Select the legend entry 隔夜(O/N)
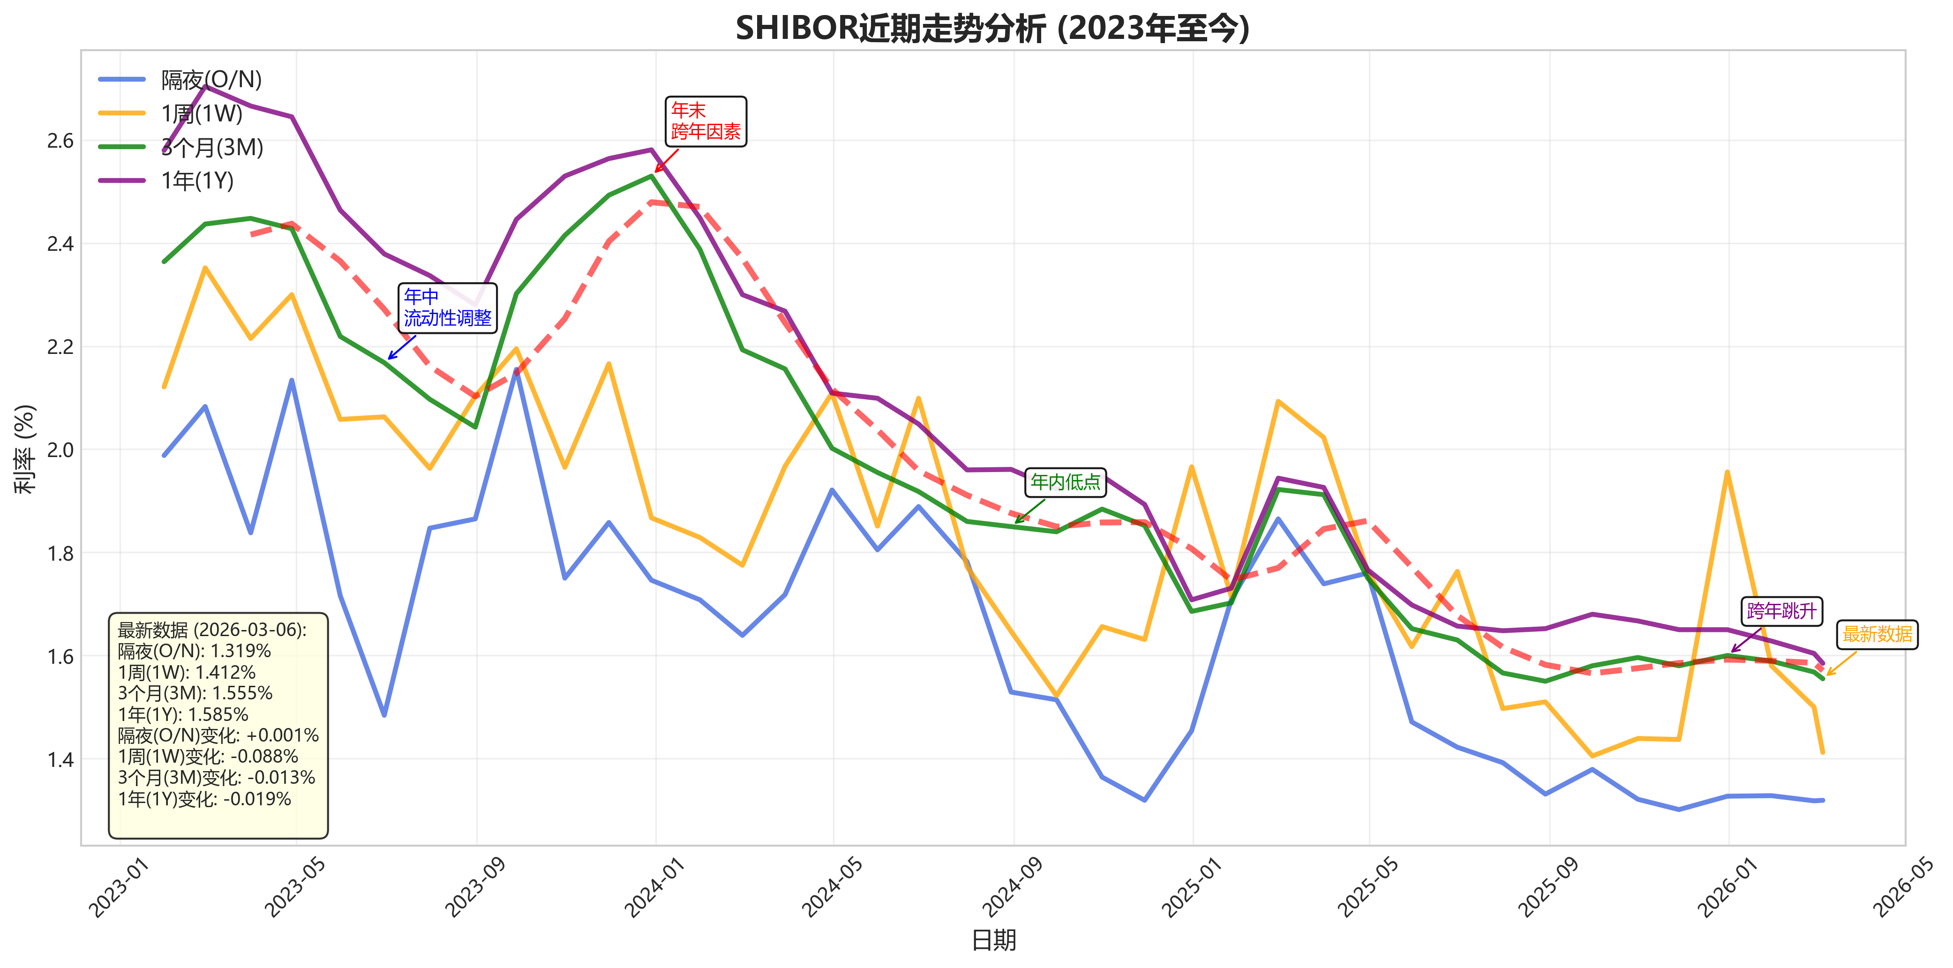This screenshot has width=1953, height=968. coord(211,80)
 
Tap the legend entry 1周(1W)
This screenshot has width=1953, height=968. coord(202,114)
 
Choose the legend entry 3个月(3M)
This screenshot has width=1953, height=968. coord(212,147)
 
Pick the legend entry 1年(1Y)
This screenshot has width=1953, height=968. coord(197,181)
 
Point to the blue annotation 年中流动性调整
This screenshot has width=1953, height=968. coord(447,308)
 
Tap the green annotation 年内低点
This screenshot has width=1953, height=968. coord(1065,482)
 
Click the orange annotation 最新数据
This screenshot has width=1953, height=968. coord(1877,634)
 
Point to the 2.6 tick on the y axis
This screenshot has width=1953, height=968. coord(60,141)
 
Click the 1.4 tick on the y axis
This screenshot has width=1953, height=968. coord(60,759)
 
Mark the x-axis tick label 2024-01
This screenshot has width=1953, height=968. coord(654,887)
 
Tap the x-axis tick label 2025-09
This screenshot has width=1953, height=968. coord(1547,887)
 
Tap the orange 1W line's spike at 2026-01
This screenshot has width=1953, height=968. coord(1727,472)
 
